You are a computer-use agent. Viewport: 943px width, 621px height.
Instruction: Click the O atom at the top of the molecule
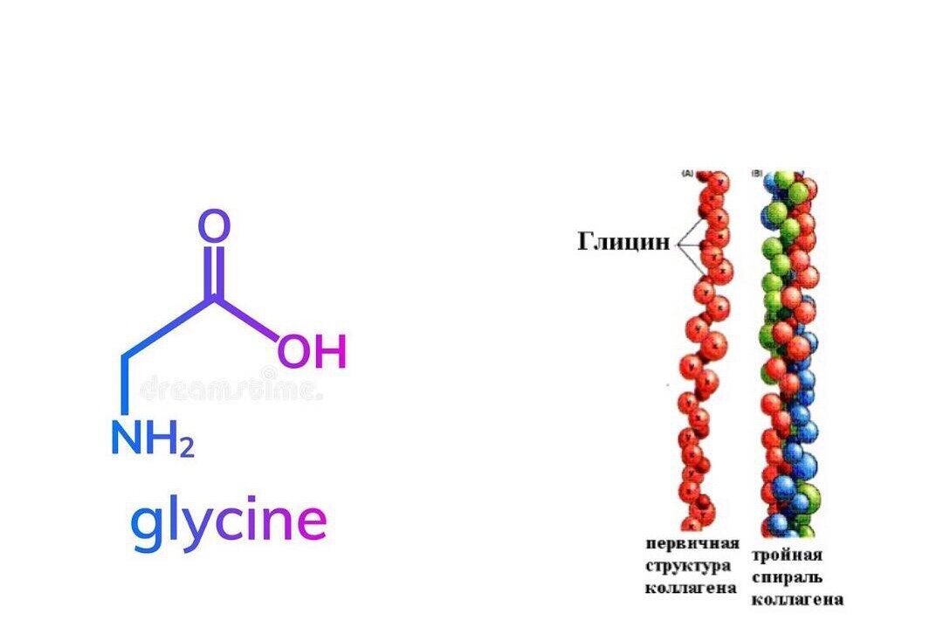pyautogui.click(x=214, y=225)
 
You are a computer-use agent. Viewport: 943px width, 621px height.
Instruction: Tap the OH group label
pyautogui.click(x=312, y=352)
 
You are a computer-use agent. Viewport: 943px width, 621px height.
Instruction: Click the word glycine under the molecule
pyautogui.click(x=229, y=522)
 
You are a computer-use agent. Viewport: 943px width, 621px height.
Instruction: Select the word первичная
pyautogui.click(x=692, y=544)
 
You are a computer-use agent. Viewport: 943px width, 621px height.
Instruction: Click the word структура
pyautogui.click(x=689, y=565)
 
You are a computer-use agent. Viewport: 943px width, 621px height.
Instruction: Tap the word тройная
pyautogui.click(x=787, y=555)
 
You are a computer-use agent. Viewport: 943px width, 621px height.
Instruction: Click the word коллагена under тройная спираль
pyautogui.click(x=797, y=599)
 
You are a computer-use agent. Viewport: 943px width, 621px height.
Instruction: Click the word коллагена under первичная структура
pyautogui.click(x=691, y=587)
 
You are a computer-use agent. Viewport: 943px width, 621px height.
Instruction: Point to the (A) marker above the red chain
pyautogui.click(x=687, y=174)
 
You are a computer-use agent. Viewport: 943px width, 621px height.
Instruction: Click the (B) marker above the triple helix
pyautogui.click(x=757, y=174)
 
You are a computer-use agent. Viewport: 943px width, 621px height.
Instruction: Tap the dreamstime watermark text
pyautogui.click(x=231, y=387)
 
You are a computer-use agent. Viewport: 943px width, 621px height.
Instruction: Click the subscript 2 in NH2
pyautogui.click(x=185, y=448)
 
